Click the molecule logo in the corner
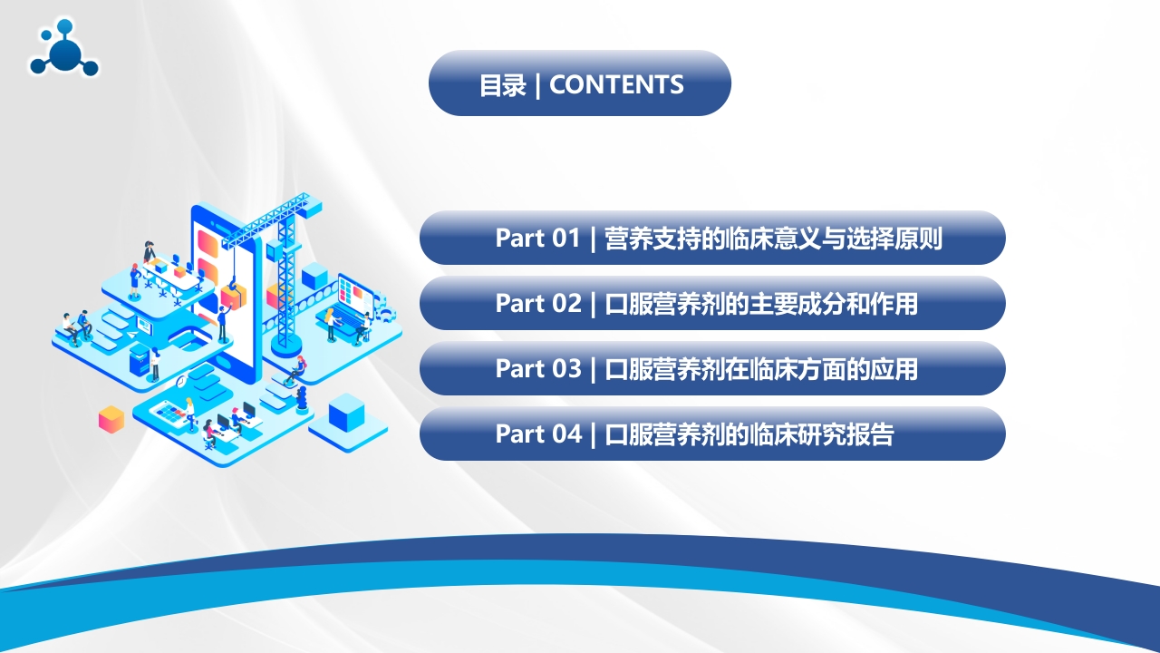(x=63, y=48)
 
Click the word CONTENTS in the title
(x=616, y=84)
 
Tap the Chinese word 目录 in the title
(x=502, y=85)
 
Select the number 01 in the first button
(x=565, y=238)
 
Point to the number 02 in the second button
(x=566, y=303)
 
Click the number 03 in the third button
(x=566, y=368)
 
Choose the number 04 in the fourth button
(x=566, y=434)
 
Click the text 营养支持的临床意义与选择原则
(x=773, y=239)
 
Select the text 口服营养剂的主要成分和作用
(x=761, y=304)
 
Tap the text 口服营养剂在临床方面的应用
(x=761, y=369)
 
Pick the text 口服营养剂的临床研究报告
(x=749, y=434)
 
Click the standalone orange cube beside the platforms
(x=111, y=419)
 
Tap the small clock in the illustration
(x=181, y=383)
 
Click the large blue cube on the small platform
(x=346, y=413)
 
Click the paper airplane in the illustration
(x=132, y=335)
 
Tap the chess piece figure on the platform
(x=302, y=400)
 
